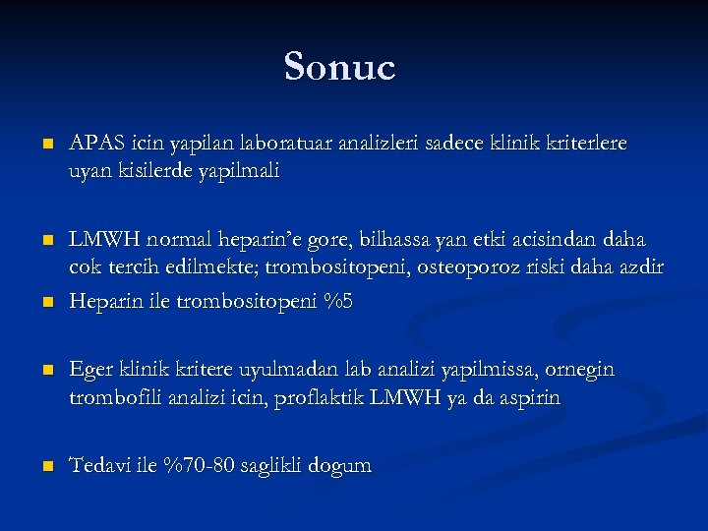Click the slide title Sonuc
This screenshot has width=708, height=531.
click(339, 67)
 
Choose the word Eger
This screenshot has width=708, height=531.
click(91, 370)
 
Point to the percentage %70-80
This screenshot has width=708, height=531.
click(203, 465)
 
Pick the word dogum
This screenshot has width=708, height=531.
click(340, 466)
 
